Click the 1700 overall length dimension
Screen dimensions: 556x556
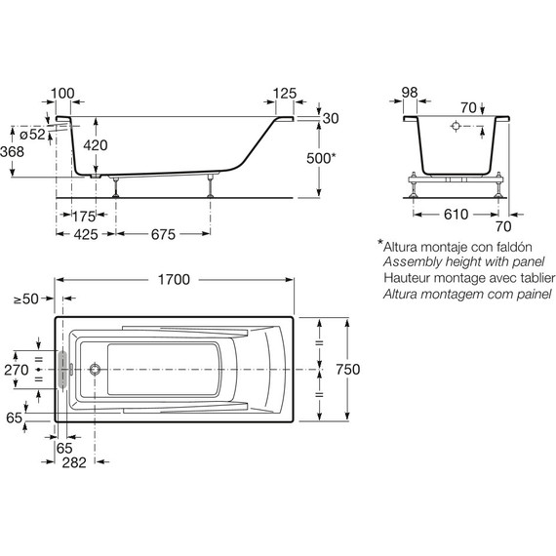174,280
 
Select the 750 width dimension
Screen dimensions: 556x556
348,370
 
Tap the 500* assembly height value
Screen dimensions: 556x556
321,158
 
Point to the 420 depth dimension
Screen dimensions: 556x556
96,145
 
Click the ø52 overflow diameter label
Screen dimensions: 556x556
32,135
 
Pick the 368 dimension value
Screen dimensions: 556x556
12,152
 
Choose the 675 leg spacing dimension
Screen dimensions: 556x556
163,234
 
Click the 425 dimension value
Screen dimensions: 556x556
86,234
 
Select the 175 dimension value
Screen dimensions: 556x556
84,217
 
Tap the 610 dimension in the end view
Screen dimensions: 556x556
456,215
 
